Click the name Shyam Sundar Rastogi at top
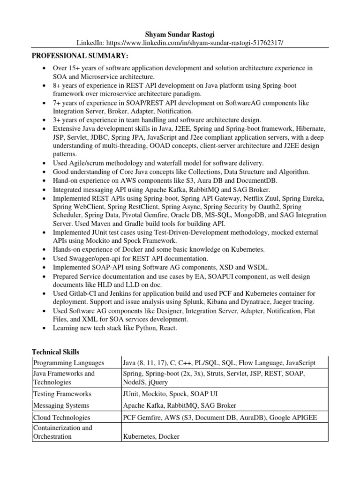pos(180,33)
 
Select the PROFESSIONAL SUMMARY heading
pos(80,56)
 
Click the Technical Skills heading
pos(55,352)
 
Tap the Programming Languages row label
pos(68,363)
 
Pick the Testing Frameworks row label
pos(62,394)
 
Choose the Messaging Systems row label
pos(60,405)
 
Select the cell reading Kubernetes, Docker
pos(151,437)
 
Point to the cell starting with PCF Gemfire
pos(215,417)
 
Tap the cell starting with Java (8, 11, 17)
pos(219,363)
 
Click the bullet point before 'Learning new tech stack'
pos(43,328)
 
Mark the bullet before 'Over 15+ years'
pos(43,68)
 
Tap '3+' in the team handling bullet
pos(59,120)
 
